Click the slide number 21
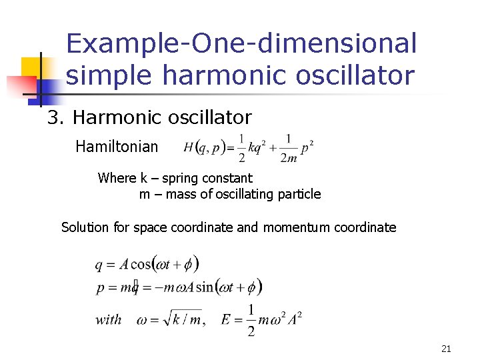pos(446,348)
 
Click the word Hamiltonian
pos(117,146)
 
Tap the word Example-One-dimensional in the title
pos(241,44)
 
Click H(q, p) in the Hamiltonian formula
pos(205,148)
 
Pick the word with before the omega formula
pos(108,319)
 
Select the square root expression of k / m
pos(179,318)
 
